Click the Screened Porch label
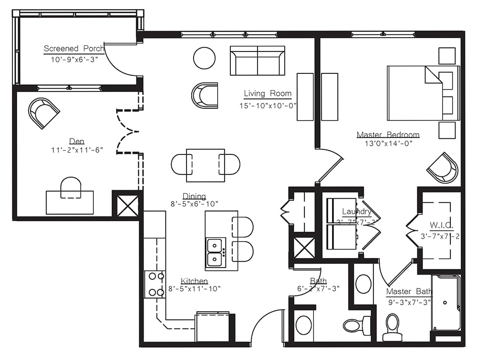pyautogui.click(x=73, y=48)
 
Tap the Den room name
pyautogui.click(x=77, y=141)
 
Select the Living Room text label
pyautogui.click(x=267, y=93)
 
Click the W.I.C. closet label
pyautogui.click(x=441, y=225)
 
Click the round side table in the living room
pyautogui.click(x=204, y=58)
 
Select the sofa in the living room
pyautogui.click(x=257, y=61)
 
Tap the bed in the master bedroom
pyautogui.click(x=422, y=93)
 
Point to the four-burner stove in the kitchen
pyautogui.click(x=155, y=285)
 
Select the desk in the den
pyautogui.click(x=70, y=203)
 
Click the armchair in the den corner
pyautogui.click(x=44, y=113)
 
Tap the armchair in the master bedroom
pyautogui.click(x=442, y=167)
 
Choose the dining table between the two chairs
pyautogui.click(x=206, y=165)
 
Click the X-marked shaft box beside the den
pyautogui.click(x=126, y=204)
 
